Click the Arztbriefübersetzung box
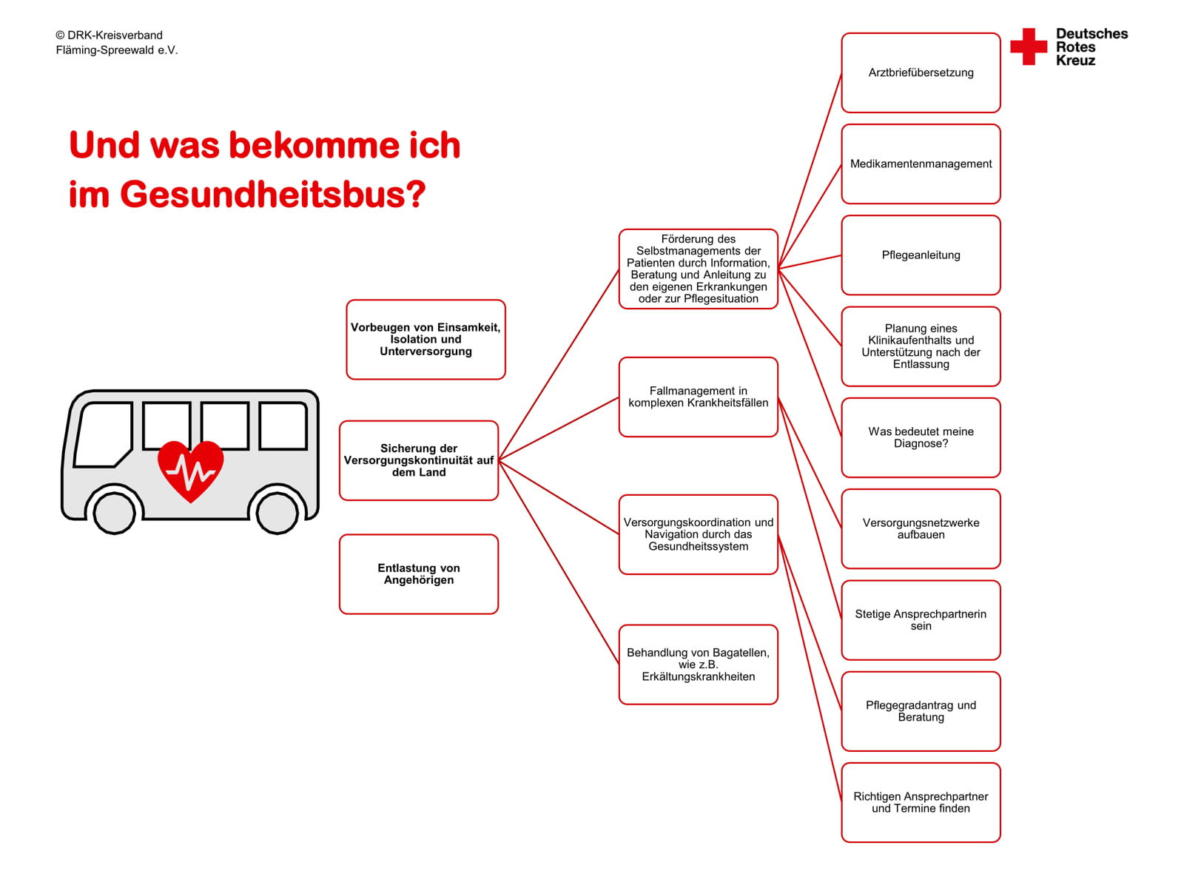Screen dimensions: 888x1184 click(x=921, y=73)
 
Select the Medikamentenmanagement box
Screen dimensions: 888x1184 click(x=921, y=164)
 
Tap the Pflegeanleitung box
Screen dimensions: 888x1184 click(x=921, y=255)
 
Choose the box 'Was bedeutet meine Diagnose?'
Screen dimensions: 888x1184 click(x=921, y=437)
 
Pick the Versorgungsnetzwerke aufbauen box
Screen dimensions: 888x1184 click(x=921, y=528)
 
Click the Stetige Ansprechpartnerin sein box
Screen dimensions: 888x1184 click(x=921, y=620)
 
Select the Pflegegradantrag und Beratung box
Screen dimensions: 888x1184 click(x=921, y=711)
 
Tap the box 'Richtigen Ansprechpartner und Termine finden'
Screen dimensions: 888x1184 click(x=921, y=802)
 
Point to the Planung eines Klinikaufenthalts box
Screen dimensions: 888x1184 click(x=921, y=346)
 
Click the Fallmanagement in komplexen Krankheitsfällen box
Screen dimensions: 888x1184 click(x=698, y=397)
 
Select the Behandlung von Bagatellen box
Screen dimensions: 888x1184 click(x=698, y=665)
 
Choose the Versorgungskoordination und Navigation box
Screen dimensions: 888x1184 click(x=698, y=534)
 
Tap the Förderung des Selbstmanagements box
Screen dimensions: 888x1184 click(x=698, y=269)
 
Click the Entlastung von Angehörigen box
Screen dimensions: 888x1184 click(x=419, y=574)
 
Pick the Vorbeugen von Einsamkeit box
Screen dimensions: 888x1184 click(x=425, y=340)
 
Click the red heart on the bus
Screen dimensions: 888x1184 click(x=190, y=471)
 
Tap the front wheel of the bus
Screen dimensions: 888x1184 click(x=115, y=511)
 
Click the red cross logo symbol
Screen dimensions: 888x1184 click(x=1029, y=47)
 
